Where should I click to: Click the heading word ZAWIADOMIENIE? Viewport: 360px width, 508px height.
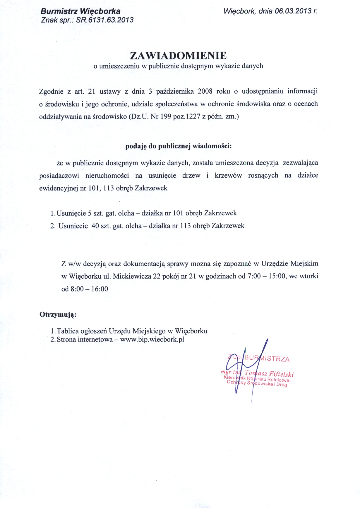tap(178, 55)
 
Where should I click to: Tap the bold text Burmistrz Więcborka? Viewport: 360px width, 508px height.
tap(80, 11)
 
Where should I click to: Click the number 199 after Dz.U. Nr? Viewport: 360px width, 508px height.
tap(166, 116)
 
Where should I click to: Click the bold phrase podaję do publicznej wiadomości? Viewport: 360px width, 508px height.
tap(178, 146)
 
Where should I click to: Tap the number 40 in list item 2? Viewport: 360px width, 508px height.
tap(95, 226)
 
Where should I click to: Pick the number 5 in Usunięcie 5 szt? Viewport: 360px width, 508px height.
tap(90, 213)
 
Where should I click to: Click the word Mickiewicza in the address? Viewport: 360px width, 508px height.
tap(132, 276)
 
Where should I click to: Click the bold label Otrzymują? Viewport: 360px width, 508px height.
tap(58, 315)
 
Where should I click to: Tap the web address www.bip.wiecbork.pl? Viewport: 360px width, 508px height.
tap(152, 339)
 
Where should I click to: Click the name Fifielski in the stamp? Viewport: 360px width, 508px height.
tap(281, 374)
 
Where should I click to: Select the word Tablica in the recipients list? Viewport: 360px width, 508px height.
tap(67, 331)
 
